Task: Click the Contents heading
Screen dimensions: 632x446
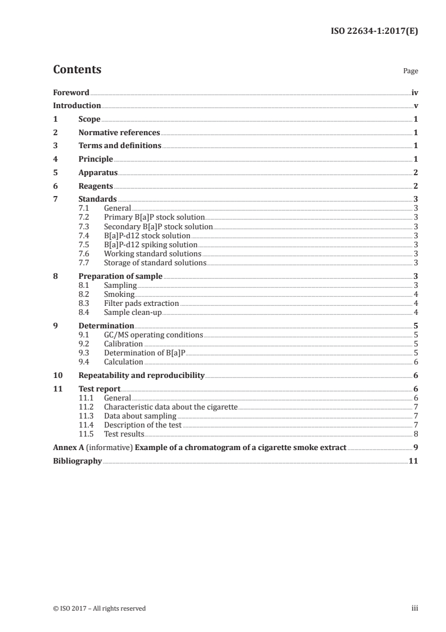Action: tap(77, 70)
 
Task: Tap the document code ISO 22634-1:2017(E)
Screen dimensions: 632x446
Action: tap(373, 32)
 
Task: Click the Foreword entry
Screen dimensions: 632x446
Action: tap(71, 92)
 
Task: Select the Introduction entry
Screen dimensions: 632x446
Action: tap(77, 106)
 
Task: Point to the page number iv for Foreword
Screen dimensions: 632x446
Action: tap(415, 92)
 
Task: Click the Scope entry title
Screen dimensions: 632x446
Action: tap(89, 119)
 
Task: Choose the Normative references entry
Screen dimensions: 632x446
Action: tap(119, 133)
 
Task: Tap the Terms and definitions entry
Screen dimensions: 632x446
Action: tap(120, 146)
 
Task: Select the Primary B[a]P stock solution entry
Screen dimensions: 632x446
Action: tap(154, 217)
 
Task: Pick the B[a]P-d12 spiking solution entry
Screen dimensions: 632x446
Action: tap(151, 244)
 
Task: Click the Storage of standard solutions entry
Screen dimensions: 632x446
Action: tap(155, 263)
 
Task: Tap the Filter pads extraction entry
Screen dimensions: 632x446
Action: tap(141, 304)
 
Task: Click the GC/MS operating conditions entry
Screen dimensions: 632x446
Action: tap(154, 335)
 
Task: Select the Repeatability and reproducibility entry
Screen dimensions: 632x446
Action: tap(141, 376)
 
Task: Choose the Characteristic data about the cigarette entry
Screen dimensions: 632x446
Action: tap(171, 407)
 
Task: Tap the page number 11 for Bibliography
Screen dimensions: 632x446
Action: tap(413, 461)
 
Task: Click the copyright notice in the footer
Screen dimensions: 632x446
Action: tap(99, 608)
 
